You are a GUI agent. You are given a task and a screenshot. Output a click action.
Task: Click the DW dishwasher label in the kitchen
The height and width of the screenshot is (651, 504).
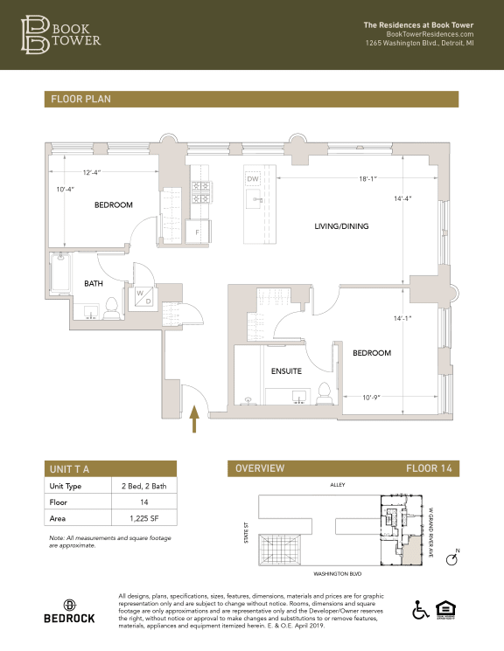click(x=254, y=179)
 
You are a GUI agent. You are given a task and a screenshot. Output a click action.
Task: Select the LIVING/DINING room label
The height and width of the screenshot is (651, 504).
click(x=341, y=226)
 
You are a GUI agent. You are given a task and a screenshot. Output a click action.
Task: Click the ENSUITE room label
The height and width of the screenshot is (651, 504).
click(x=285, y=371)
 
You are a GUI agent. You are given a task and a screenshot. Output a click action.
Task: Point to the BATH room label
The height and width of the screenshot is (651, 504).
click(x=94, y=283)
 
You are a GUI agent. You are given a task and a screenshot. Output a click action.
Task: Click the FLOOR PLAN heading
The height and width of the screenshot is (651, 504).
click(x=80, y=100)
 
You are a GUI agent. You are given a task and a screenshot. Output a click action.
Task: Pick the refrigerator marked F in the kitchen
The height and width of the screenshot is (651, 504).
click(x=198, y=232)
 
